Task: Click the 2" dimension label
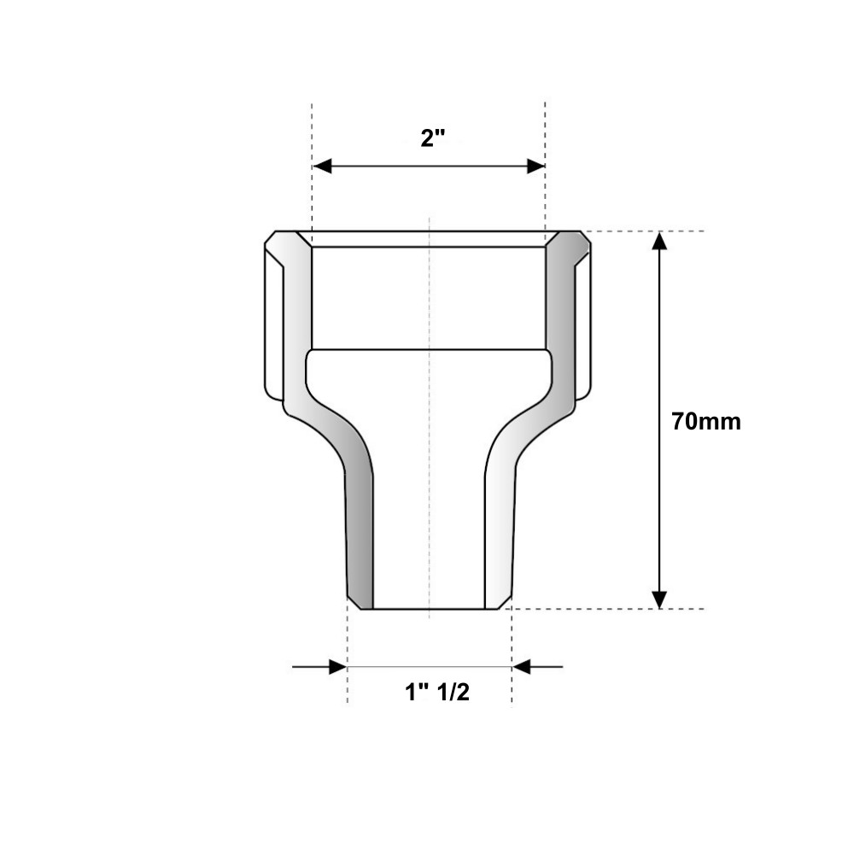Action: [433, 137]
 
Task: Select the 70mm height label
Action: [706, 422]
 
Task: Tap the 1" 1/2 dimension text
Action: [436, 693]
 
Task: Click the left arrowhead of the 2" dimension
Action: [323, 167]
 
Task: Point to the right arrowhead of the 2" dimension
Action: [536, 167]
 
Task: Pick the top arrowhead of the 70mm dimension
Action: [659, 241]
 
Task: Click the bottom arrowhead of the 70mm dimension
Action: [659, 600]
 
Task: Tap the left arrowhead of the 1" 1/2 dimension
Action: [338, 666]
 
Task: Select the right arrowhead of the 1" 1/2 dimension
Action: [521, 666]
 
